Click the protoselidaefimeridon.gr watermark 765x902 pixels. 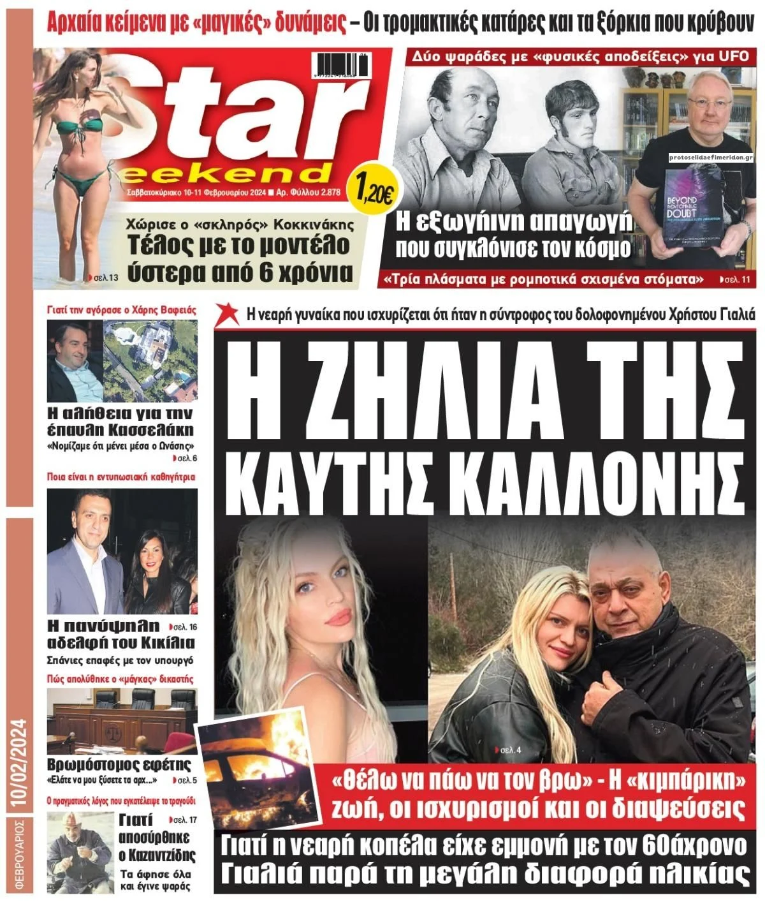point(711,156)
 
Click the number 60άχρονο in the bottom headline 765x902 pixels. point(691,846)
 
